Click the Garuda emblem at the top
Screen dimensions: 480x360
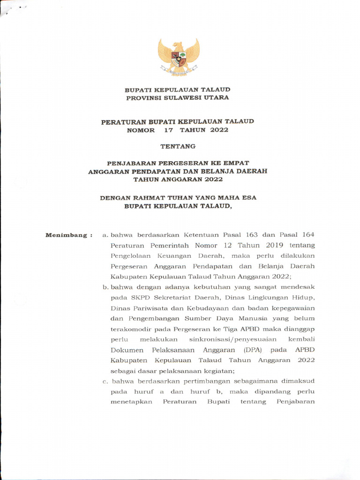point(178,57)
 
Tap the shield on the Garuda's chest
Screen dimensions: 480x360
point(178,59)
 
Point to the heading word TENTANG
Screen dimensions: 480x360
point(178,146)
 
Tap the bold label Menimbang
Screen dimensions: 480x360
point(66,235)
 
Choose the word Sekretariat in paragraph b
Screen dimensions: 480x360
point(168,297)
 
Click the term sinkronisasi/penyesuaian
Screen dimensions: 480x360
point(232,339)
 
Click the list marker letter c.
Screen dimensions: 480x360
point(105,381)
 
